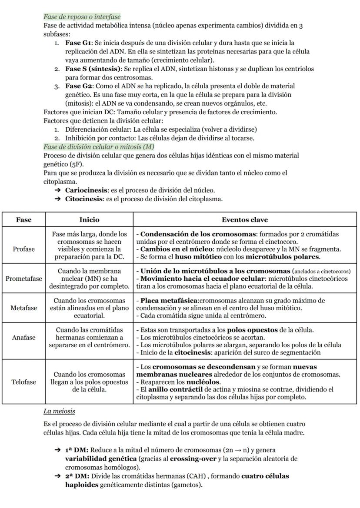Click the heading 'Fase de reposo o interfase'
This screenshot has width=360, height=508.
[x=82, y=17]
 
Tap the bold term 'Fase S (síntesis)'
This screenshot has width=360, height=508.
[x=93, y=69]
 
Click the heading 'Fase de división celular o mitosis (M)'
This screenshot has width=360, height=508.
[x=99, y=147]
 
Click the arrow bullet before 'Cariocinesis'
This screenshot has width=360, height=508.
[x=57, y=190]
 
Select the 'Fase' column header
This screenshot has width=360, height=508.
[x=23, y=219]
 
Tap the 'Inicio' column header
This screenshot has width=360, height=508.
[x=89, y=219]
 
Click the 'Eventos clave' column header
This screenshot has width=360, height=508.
[x=244, y=219]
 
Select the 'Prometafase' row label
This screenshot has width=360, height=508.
[x=23, y=279]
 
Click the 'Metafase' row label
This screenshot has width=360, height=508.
[x=23, y=308]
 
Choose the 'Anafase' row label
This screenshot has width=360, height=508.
[x=23, y=337]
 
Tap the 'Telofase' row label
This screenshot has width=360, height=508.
[x=23, y=382]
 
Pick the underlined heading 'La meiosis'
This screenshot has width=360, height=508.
[x=59, y=411]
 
